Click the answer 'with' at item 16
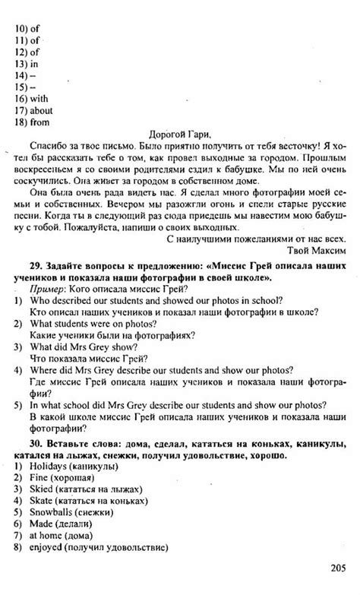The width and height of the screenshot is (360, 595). coord(40,98)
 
